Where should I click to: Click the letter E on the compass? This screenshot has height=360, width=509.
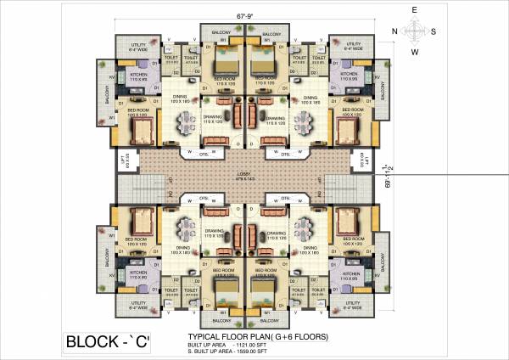414,9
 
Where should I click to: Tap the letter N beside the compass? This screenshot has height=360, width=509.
394,31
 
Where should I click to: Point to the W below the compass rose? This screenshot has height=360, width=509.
415,52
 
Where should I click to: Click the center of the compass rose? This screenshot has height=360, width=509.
415,30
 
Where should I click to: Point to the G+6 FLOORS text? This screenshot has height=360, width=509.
297,337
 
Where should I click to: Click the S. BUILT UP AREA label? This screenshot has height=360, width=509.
211,352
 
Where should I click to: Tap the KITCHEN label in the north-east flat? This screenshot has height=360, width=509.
138,74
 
